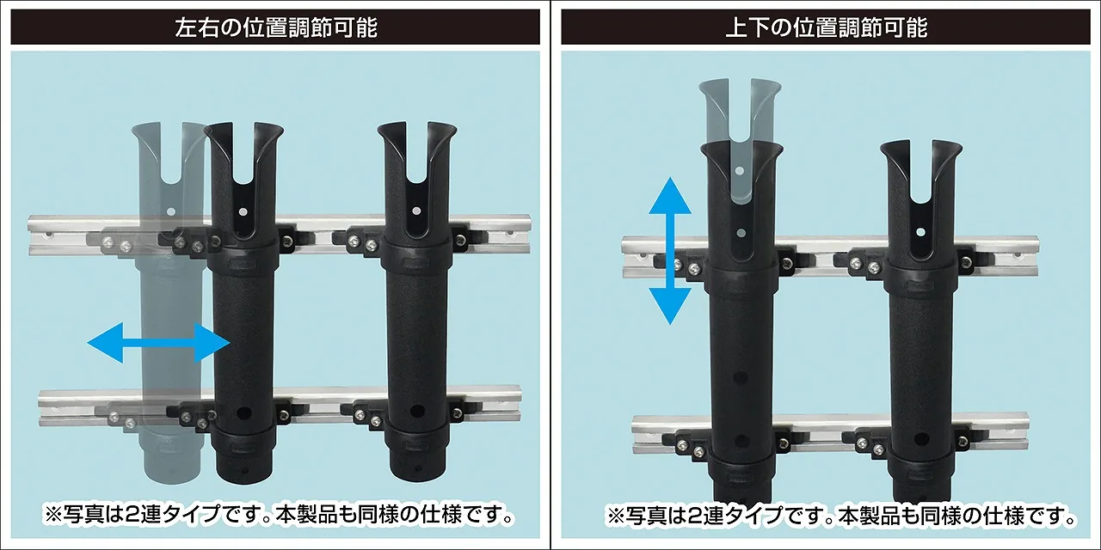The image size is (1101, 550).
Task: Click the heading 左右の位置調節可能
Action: [276, 27]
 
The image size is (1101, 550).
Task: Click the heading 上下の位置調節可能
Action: [827, 27]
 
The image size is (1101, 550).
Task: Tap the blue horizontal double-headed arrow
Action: [159, 343]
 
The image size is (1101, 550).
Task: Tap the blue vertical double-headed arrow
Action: [670, 251]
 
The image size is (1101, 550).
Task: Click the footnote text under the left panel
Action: [279, 515]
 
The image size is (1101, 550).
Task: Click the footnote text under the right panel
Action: [841, 515]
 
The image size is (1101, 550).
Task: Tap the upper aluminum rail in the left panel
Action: [280, 235]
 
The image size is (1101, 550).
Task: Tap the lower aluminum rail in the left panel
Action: [280, 406]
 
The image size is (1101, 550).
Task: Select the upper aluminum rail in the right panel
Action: [831, 257]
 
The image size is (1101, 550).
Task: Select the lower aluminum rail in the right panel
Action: [831, 433]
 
